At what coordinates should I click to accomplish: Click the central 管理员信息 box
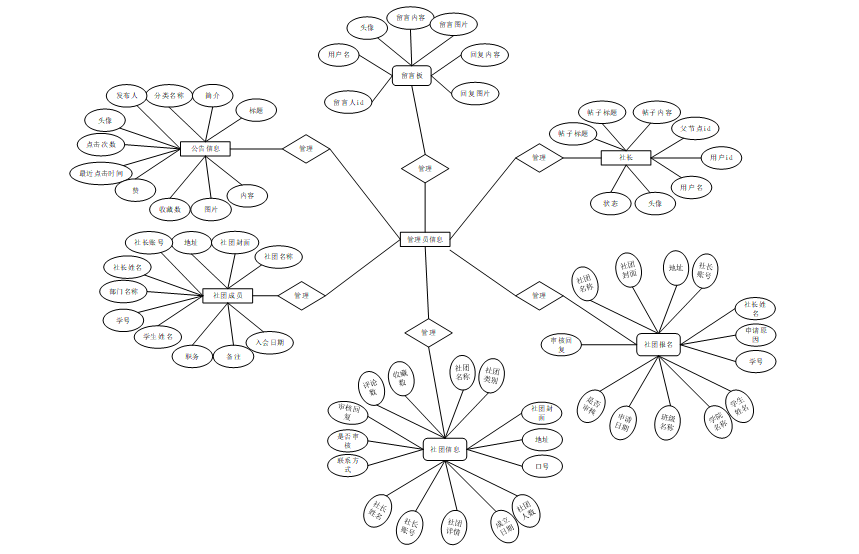(427, 239)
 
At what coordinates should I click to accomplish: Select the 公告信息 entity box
(206, 149)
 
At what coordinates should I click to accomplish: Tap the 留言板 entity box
(411, 75)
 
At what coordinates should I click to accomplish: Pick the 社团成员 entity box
(227, 296)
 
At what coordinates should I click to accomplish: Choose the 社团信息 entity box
(445, 450)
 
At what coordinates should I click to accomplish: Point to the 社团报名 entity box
(658, 345)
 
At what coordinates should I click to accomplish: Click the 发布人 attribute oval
(127, 96)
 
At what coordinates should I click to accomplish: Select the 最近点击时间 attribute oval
(102, 173)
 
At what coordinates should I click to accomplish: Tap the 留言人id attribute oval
(348, 101)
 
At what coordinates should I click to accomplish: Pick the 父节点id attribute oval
(695, 129)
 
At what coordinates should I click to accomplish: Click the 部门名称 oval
(124, 291)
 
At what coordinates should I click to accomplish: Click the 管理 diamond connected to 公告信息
(306, 149)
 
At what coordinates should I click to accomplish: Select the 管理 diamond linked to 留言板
(425, 168)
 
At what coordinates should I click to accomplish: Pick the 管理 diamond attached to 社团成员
(301, 296)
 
